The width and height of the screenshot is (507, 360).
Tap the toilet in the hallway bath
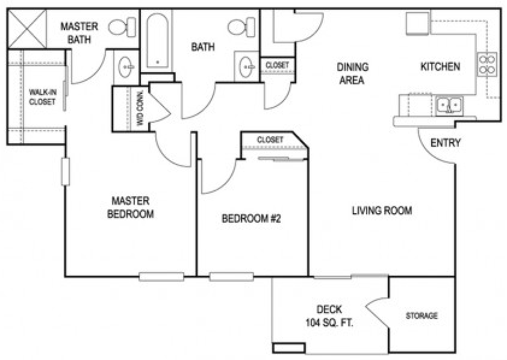241,26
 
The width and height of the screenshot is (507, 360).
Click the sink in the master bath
126,67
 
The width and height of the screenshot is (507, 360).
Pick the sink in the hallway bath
246,67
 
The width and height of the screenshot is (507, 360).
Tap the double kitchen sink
449,106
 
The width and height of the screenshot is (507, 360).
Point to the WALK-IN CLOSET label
42,97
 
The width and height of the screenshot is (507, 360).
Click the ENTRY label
446,143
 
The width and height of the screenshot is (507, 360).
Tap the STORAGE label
421,316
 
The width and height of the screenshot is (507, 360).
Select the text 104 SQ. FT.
329,323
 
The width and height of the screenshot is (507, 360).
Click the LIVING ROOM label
382,211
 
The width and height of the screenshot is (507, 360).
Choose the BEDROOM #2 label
252,219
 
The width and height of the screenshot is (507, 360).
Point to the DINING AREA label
352,73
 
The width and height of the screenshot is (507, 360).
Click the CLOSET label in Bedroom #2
270,140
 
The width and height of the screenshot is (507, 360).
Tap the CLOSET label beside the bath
277,65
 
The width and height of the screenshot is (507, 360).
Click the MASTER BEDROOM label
129,207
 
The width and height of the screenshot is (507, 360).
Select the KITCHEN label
440,66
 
